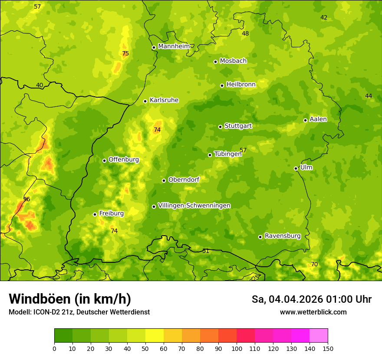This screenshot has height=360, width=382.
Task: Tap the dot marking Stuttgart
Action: tap(220, 127)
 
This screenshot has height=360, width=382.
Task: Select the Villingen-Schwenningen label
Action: tap(194, 206)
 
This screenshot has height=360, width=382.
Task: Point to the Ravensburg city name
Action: tap(283, 236)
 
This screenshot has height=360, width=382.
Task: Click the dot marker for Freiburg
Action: tap(95, 214)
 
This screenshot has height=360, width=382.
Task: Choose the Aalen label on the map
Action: tap(318, 119)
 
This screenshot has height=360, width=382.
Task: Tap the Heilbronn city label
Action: tap(241, 85)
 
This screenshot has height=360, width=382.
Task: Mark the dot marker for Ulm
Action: tap(296, 168)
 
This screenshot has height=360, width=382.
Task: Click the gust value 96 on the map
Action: tap(26, 199)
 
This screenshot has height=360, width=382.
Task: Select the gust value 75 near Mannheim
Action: tap(125, 54)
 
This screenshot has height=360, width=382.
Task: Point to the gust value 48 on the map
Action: tap(246, 33)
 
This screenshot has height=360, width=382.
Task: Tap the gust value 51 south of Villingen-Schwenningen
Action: tap(206, 251)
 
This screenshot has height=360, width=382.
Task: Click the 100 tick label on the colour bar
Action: tap(237, 348)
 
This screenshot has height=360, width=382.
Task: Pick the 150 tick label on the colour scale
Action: tap(328, 348)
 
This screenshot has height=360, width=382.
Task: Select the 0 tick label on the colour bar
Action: tap(54, 348)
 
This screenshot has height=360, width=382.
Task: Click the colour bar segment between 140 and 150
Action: tap(319, 336)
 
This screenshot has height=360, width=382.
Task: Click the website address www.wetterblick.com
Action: tap(313, 312)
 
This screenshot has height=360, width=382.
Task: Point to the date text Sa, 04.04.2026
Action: tap(287, 299)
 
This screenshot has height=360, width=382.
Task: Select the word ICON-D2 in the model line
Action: tap(45, 312)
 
